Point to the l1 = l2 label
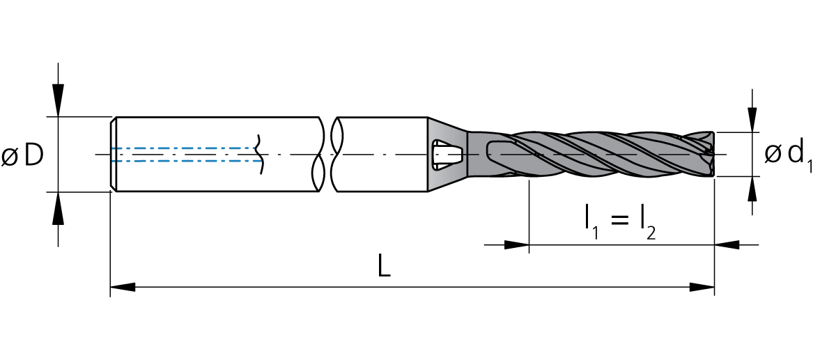620,223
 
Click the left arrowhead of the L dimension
123,287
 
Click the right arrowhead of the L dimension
702,287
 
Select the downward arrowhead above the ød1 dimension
752,120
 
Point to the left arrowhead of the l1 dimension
517,244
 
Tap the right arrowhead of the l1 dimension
727,244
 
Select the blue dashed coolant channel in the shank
185,155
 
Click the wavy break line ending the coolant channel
258,155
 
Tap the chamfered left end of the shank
113,155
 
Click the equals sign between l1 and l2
619,219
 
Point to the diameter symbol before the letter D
10,156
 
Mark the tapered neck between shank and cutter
447,155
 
